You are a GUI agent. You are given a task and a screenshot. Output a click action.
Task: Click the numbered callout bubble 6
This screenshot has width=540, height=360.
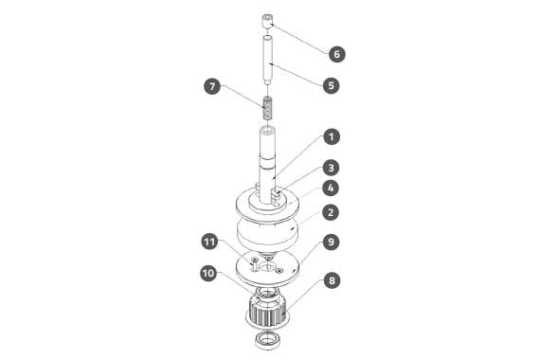pyautogui.click(x=336, y=54)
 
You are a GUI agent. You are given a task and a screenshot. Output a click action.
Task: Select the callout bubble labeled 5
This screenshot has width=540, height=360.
pyautogui.click(x=331, y=85)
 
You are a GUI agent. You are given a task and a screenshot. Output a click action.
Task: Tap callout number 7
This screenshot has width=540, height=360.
pyautogui.click(x=212, y=86)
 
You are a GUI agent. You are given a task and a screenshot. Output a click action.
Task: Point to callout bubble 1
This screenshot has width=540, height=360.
pyautogui.click(x=331, y=136)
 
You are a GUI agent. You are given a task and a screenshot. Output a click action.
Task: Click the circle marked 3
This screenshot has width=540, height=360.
pyautogui.click(x=331, y=168)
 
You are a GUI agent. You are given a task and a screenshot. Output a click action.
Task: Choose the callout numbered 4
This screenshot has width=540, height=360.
pyautogui.click(x=331, y=189)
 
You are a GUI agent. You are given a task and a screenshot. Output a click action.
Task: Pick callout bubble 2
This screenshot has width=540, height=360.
pyautogui.click(x=331, y=212)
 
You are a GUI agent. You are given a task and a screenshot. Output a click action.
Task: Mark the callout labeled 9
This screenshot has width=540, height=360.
pyautogui.click(x=331, y=243)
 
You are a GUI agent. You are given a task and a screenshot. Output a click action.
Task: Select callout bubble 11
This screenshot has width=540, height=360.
pyautogui.click(x=209, y=242)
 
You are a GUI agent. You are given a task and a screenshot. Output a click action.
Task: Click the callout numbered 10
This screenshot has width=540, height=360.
pyautogui.click(x=208, y=274)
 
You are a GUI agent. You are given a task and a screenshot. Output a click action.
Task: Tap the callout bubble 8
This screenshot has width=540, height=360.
pyautogui.click(x=332, y=280)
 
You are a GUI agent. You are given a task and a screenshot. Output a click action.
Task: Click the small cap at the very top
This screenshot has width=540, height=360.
pyautogui.click(x=267, y=22)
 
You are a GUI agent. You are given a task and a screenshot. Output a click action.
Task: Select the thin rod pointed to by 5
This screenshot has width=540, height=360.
pyautogui.click(x=267, y=60)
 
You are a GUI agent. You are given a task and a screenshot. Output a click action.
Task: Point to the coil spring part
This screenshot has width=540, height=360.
pyautogui.click(x=267, y=108)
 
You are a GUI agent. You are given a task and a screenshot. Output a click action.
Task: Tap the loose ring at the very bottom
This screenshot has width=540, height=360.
pyautogui.click(x=268, y=340)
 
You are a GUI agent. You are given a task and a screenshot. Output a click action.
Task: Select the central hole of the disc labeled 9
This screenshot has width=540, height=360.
pyautogui.click(x=267, y=266)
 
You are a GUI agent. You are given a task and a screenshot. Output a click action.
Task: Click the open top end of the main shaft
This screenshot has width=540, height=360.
pyautogui.click(x=267, y=132)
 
